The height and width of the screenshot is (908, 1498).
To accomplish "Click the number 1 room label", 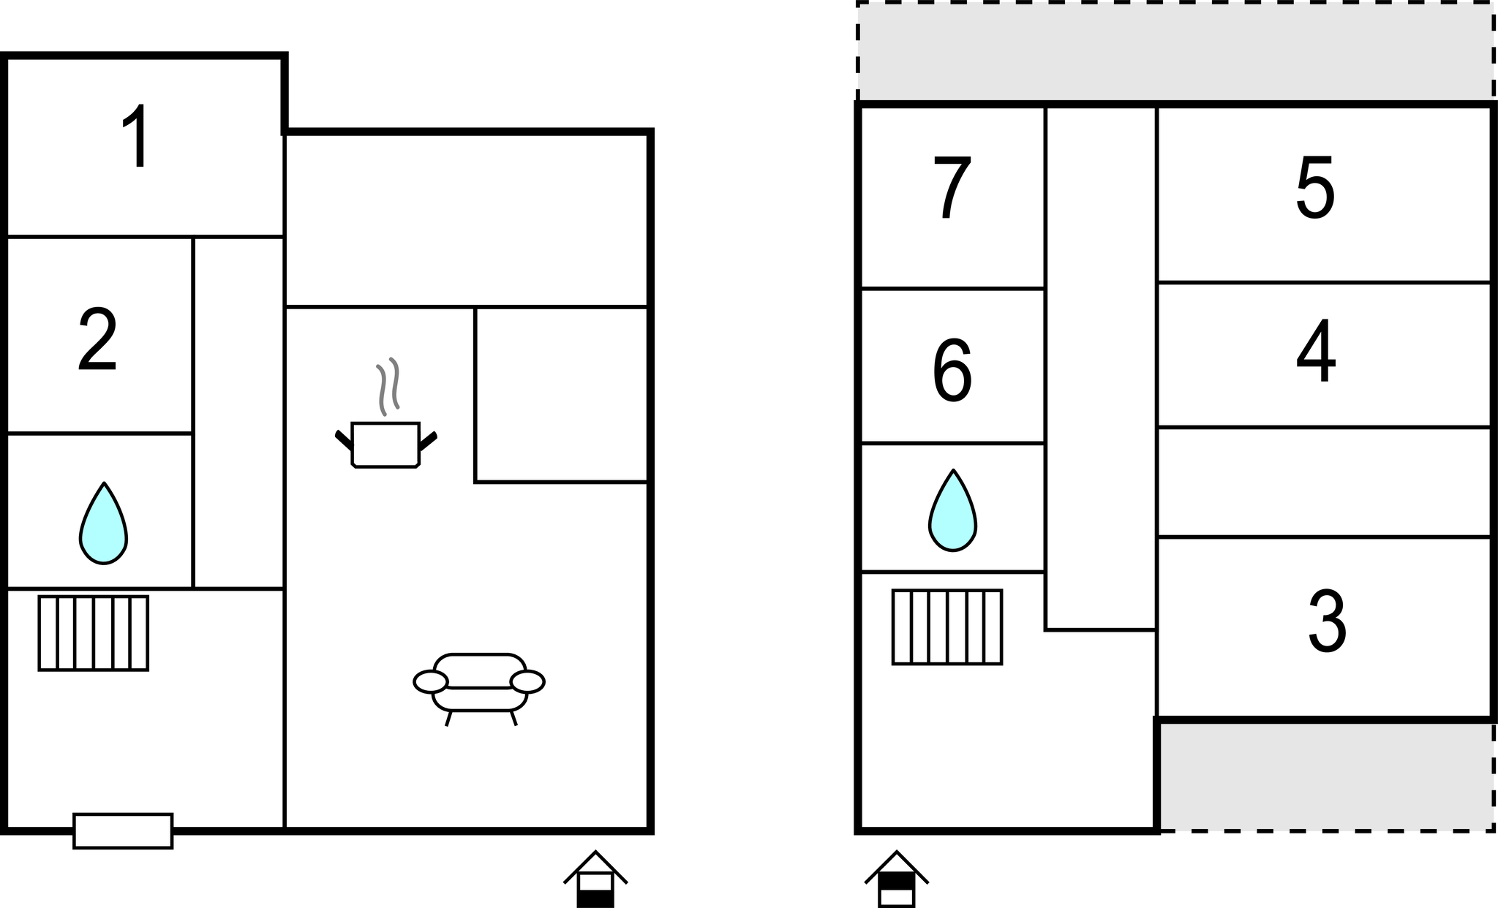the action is click(136, 136).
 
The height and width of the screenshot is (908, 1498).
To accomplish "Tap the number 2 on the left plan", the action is click(97, 339).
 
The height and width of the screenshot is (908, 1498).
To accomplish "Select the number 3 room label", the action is click(1327, 622).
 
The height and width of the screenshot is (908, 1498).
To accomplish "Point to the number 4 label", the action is click(1316, 351).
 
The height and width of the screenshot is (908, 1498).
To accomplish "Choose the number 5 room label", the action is click(1315, 187).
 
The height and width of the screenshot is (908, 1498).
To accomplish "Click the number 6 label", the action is click(952, 370).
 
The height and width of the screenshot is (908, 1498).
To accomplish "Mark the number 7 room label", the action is click(952, 187).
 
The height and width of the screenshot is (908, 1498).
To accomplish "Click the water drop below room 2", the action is click(103, 523).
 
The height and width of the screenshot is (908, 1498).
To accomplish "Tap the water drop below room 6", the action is click(952, 510).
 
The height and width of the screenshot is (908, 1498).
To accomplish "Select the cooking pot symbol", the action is click(385, 444).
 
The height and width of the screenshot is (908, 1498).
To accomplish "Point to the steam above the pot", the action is click(388, 386).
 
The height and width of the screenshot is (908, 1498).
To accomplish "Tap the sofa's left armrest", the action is click(430, 682).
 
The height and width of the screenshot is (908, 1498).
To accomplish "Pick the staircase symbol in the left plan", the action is click(94, 633).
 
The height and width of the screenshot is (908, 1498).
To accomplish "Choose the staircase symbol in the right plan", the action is click(947, 627).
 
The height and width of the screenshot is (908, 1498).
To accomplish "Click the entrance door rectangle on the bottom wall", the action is click(123, 831).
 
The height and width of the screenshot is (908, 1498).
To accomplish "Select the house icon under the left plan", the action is click(595, 879).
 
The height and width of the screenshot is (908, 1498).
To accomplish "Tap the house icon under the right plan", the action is click(897, 879).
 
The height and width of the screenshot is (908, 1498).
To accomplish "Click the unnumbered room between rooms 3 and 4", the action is click(1324, 482).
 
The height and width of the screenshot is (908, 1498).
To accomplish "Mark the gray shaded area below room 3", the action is click(1326, 776).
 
